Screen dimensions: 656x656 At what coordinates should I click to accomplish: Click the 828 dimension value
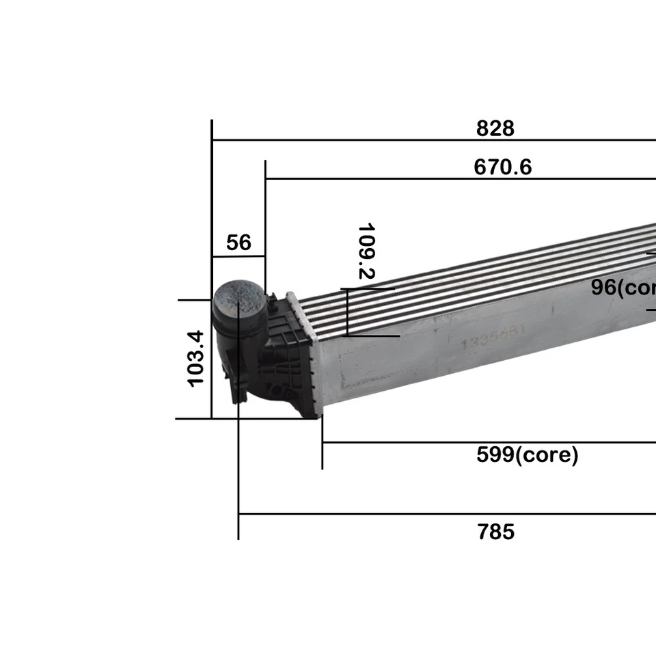495,128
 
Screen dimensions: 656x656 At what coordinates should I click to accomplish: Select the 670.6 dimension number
502,167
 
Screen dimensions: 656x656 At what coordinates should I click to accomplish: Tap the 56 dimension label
238,243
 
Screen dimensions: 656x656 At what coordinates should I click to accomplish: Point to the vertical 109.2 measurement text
368,251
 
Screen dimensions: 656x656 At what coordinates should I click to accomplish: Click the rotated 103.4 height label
196,358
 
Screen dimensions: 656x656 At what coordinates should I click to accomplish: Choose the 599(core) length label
527,454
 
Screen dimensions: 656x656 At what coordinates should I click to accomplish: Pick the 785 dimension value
495,532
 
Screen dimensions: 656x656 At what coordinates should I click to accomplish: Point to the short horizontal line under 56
238,257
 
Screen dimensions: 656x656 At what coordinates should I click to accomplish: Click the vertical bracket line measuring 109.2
348,312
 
